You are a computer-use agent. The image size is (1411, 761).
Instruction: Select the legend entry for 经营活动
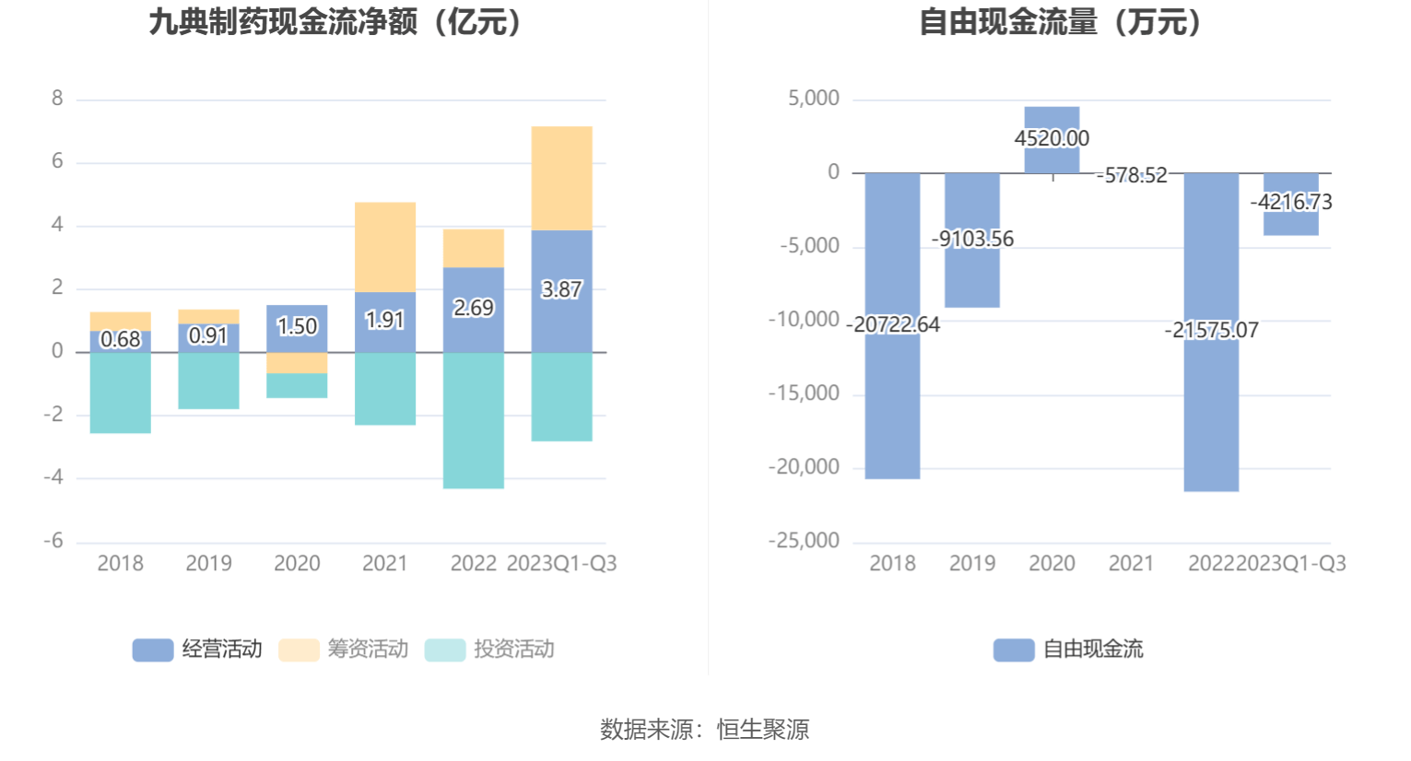[197, 650]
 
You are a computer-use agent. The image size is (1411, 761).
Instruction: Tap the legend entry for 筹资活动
[343, 650]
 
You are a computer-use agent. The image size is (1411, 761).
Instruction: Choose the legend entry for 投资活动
[489, 650]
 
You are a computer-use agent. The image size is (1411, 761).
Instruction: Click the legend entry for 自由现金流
[1068, 650]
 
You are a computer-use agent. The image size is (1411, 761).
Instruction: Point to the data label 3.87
[561, 289]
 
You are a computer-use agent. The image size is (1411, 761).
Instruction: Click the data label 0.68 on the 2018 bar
[120, 339]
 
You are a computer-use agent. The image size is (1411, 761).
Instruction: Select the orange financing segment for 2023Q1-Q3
[561, 178]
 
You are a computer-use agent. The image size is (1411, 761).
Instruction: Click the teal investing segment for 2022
[473, 420]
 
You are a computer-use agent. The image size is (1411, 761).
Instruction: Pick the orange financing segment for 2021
[384, 247]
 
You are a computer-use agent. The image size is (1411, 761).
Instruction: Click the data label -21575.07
[1211, 330]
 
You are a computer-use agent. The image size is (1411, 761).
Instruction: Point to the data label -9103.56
[972, 239]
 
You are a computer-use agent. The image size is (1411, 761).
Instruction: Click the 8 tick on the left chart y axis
[57, 99]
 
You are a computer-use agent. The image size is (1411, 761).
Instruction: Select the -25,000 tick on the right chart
[804, 541]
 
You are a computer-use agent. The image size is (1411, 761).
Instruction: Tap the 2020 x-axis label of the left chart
[297, 563]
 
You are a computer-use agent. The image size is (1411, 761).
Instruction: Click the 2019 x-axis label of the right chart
[972, 563]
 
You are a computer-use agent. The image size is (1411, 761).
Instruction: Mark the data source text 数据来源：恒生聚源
[704, 729]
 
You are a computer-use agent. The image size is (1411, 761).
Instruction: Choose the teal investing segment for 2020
[297, 385]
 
